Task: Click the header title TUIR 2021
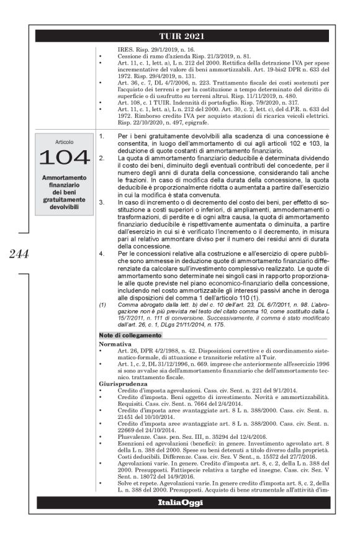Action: [x=180, y=36]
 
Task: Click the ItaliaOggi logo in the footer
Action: [x=180, y=501]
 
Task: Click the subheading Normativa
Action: [x=116, y=342]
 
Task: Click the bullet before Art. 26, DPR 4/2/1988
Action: [x=102, y=349]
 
